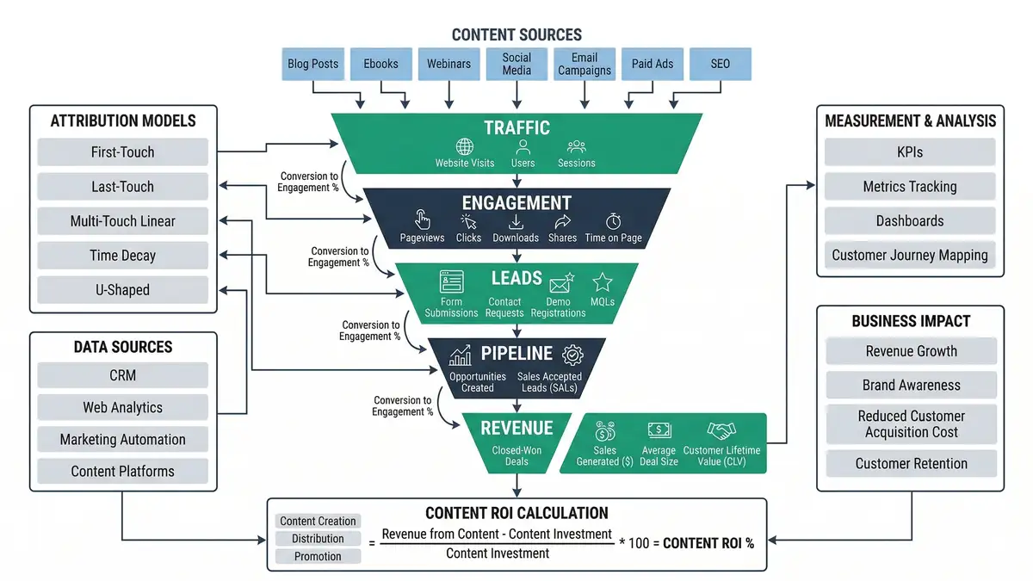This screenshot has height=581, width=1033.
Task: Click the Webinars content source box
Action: [449, 64]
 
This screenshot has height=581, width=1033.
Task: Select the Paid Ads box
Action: [653, 64]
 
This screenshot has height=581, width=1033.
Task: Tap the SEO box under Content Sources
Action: [720, 64]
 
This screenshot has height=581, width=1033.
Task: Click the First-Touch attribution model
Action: [122, 152]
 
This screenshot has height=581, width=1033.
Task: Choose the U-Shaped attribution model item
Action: [122, 290]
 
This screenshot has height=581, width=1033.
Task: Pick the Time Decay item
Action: [122, 256]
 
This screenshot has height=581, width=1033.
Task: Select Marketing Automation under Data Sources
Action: [122, 439]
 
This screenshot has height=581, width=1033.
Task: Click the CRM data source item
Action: [122, 375]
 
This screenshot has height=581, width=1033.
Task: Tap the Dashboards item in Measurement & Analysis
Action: [910, 221]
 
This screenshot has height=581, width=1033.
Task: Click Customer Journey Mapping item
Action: [910, 256]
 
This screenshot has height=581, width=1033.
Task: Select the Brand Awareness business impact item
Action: [911, 386]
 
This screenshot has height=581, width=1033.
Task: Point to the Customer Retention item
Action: [911, 464]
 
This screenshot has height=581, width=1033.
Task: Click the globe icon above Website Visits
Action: [465, 147]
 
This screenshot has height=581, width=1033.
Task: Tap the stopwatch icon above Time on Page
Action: [613, 221]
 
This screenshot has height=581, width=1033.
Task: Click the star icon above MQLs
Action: [603, 282]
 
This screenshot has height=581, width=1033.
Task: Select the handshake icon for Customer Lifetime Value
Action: [721, 430]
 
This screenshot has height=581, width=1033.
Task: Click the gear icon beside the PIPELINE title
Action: [572, 355]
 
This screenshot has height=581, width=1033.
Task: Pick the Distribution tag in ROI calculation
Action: [318, 539]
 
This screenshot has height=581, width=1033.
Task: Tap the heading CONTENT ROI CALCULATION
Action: [516, 513]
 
